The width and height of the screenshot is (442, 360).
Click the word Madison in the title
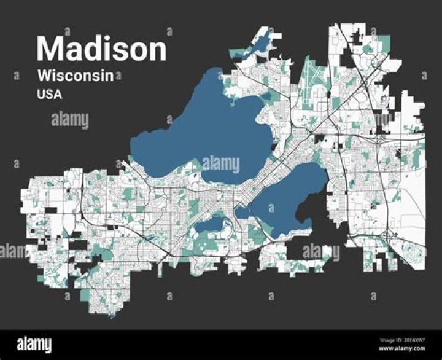[x=101, y=49]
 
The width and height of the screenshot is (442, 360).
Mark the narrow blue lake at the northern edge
[x=261, y=45]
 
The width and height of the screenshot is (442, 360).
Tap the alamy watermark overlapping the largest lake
[x=220, y=164]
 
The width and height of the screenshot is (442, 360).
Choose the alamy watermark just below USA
[x=70, y=120]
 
